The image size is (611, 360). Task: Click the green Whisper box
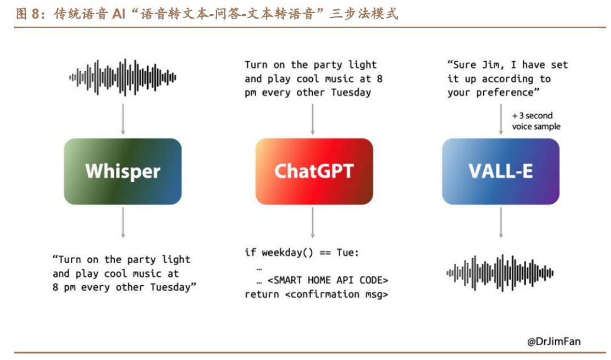122,171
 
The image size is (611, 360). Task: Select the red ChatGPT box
314,171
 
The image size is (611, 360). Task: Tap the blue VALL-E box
500,171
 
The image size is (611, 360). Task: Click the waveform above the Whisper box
122,77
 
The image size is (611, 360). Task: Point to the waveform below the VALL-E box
500,272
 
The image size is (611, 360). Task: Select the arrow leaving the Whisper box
122,222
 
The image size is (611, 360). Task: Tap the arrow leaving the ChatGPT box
313,222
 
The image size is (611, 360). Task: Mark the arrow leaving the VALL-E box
501,222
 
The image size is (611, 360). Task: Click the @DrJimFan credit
554,341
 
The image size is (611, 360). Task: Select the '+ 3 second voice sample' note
536,121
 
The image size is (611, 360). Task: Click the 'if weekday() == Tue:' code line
302,252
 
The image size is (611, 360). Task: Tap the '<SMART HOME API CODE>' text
328,280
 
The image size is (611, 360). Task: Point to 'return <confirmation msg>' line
316,294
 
